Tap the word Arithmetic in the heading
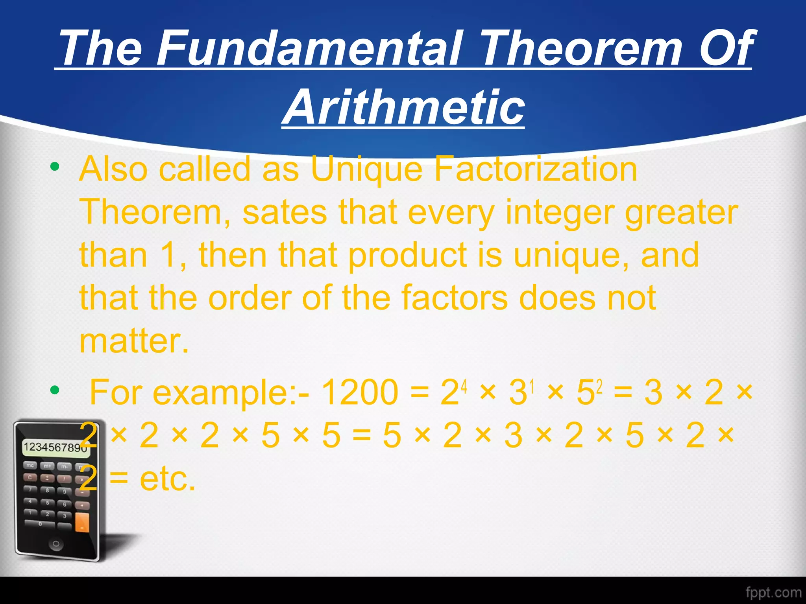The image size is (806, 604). [403, 107]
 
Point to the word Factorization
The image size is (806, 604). [535, 169]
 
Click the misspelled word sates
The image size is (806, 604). [284, 212]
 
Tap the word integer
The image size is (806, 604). [560, 212]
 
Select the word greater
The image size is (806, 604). [681, 212]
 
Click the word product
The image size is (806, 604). [408, 256]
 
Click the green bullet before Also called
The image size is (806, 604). [55, 167]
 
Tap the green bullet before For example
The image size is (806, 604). [55, 390]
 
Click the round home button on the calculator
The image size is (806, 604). [56, 545]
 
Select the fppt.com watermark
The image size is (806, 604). [773, 592]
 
